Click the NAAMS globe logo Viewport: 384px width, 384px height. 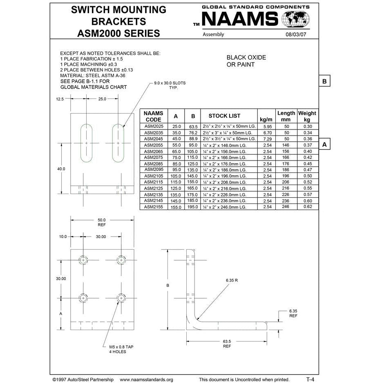(x=296, y=20)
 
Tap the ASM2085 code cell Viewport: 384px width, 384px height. (x=154, y=164)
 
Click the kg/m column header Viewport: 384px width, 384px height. (x=266, y=119)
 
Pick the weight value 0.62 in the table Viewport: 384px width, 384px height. (x=308, y=207)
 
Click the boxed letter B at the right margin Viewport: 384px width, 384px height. (x=324, y=81)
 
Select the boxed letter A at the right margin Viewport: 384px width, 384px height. (x=324, y=145)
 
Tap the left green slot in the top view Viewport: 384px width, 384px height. (x=87, y=143)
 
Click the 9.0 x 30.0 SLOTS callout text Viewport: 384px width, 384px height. (x=170, y=83)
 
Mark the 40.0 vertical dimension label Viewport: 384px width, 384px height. (x=61, y=168)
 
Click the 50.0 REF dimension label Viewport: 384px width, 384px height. (x=101, y=222)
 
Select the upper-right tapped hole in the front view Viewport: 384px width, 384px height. (x=121, y=260)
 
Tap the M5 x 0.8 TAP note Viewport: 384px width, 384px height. (x=121, y=347)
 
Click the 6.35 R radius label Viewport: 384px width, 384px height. (x=232, y=281)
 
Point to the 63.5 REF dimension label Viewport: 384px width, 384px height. (x=227, y=344)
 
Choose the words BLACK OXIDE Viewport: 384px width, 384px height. (x=246, y=58)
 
